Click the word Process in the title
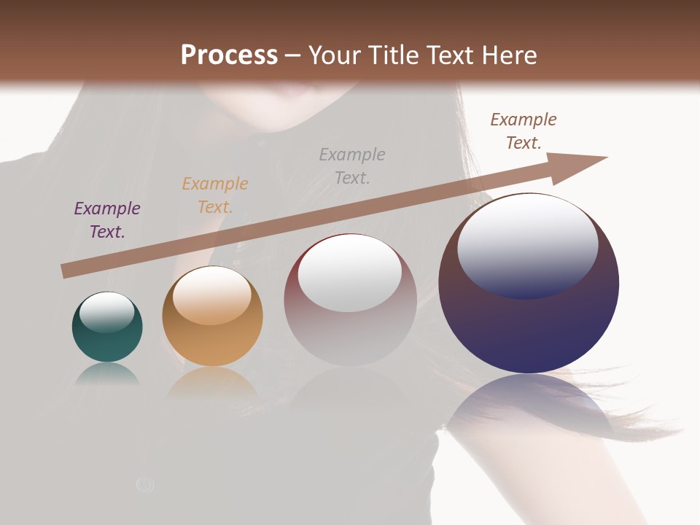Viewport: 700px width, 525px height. pyautogui.click(x=229, y=55)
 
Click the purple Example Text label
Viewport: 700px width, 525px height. pyautogui.click(x=107, y=220)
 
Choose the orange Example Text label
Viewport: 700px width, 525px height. pyautogui.click(x=215, y=195)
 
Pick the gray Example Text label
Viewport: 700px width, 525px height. pyautogui.click(x=352, y=166)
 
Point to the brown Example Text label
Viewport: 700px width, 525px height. pyautogui.click(x=524, y=131)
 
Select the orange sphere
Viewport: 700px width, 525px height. pyautogui.click(x=212, y=343)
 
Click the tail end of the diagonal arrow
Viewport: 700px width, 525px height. pyautogui.click(x=64, y=271)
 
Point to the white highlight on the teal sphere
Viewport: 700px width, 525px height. pyautogui.click(x=106, y=312)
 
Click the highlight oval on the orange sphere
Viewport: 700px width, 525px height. pyautogui.click(x=212, y=295)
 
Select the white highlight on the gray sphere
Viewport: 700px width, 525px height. pyautogui.click(x=350, y=273)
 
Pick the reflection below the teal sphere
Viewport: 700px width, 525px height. pyautogui.click(x=107, y=373)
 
